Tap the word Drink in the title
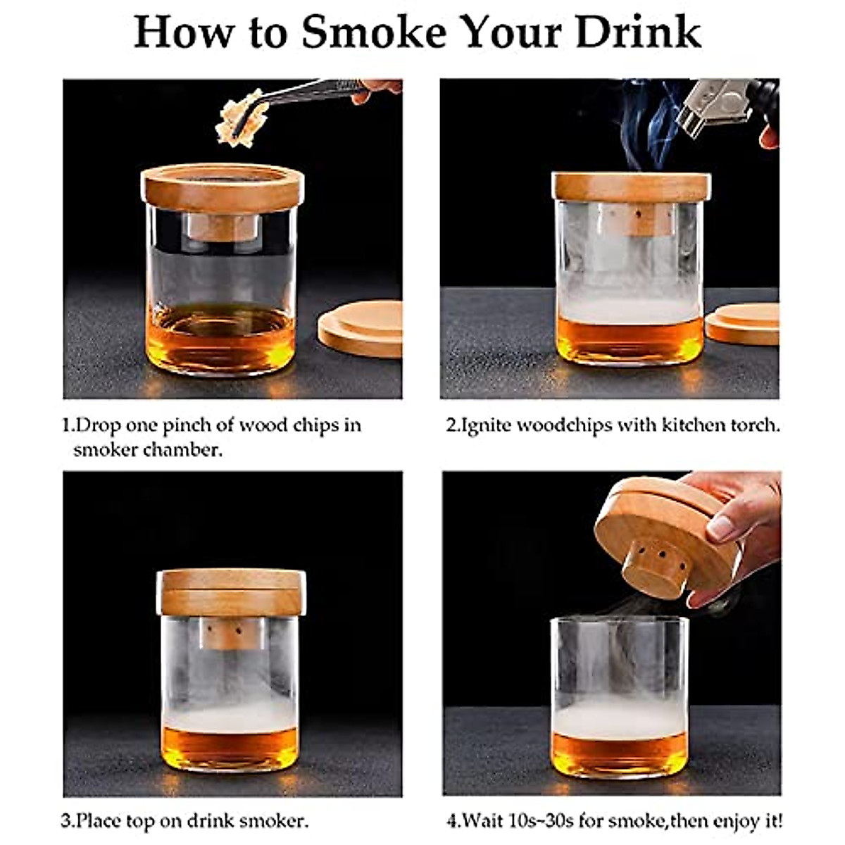tap(638, 32)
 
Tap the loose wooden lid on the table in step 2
tap(744, 325)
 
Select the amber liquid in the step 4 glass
tap(619, 753)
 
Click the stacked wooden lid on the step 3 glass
tap(232, 591)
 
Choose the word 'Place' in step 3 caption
tap(98, 821)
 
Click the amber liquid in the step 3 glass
tap(230, 746)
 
